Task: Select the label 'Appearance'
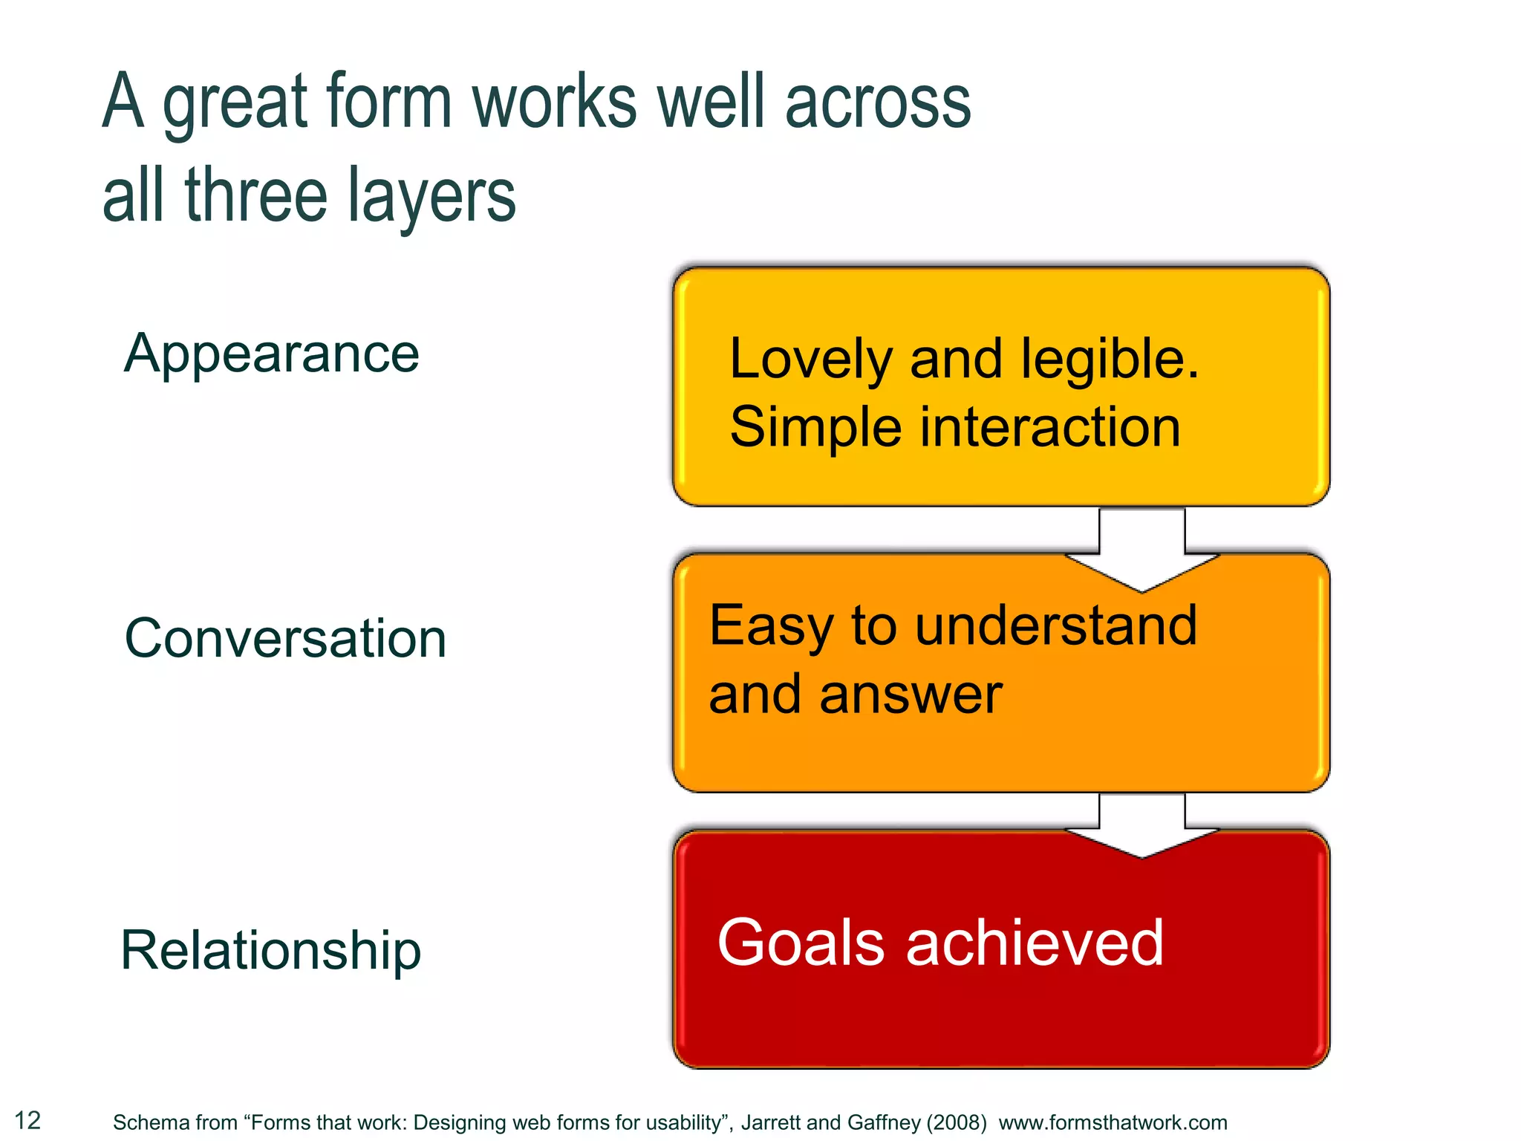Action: click(x=272, y=353)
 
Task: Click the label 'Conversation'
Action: click(x=285, y=639)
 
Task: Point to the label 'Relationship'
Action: click(x=270, y=950)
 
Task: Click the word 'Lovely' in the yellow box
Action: click(x=810, y=360)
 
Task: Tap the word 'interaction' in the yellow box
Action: click(x=1050, y=428)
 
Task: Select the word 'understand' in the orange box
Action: click(x=1055, y=625)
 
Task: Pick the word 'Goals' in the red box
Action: click(x=801, y=943)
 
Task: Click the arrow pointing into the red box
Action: click(x=1141, y=825)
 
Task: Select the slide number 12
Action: click(x=28, y=1120)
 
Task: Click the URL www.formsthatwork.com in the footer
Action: click(x=1113, y=1122)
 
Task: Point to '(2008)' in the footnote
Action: click(x=956, y=1122)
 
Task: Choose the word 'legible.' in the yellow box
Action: click(x=1110, y=360)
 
